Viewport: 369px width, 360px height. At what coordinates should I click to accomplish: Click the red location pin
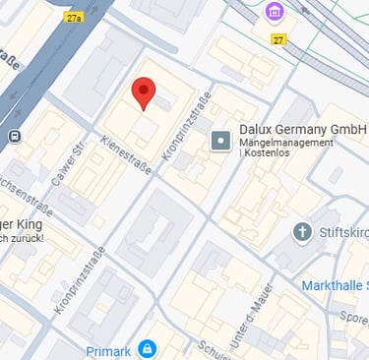(144, 92)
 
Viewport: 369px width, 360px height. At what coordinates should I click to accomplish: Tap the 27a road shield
(75, 18)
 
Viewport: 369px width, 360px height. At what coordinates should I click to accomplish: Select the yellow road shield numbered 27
(279, 39)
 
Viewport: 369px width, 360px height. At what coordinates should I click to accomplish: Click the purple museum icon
(275, 13)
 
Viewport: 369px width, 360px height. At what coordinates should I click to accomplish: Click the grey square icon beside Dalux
(220, 141)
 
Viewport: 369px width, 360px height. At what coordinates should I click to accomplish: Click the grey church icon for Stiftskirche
(302, 232)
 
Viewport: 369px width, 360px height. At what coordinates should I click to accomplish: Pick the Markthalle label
(334, 285)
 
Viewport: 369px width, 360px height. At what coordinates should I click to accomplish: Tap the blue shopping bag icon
(147, 348)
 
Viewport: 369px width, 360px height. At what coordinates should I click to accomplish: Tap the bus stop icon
(15, 136)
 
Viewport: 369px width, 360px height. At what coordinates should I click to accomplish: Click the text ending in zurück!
(22, 237)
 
